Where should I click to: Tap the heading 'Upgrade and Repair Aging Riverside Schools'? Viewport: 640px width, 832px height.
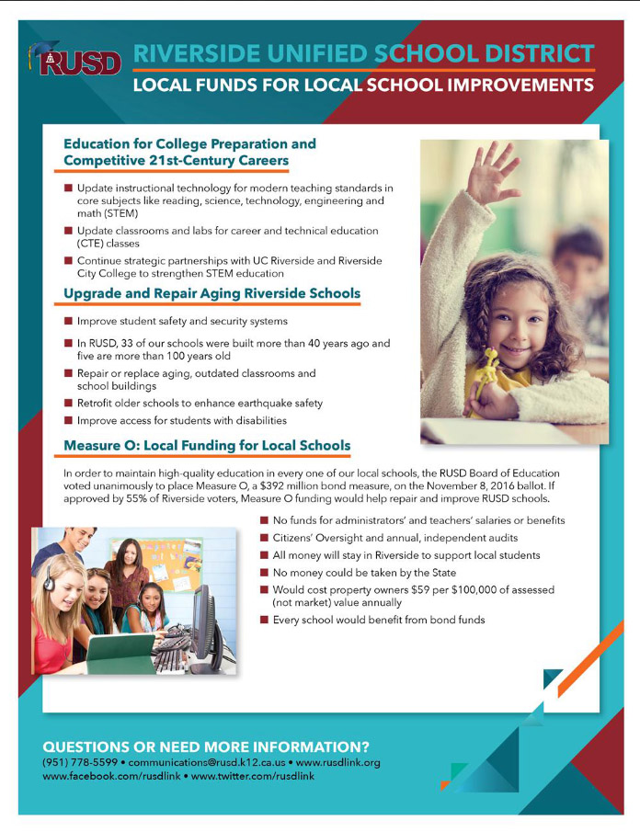(211, 294)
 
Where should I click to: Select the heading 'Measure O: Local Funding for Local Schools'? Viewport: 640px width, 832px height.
(207, 447)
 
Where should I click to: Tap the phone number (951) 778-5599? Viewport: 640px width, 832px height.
(80, 763)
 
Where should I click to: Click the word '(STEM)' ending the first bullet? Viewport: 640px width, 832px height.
(120, 213)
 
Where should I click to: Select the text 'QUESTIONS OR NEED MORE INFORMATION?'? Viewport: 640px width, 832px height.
(206, 746)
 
